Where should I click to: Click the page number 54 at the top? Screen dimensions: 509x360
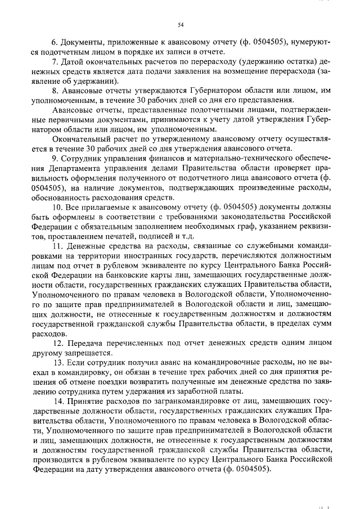pos(180,25)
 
